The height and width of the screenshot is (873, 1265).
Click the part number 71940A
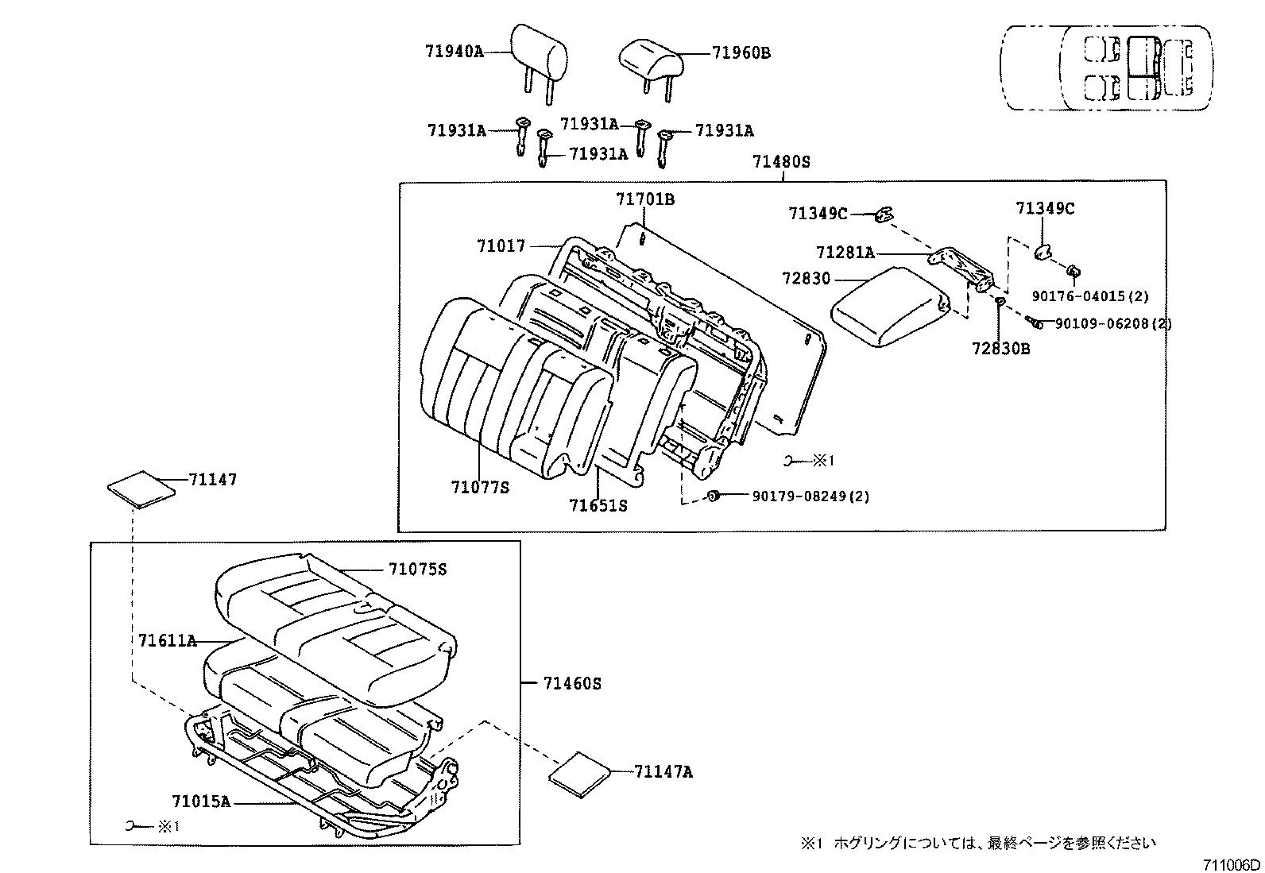tap(455, 52)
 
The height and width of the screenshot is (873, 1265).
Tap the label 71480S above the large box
tap(781, 162)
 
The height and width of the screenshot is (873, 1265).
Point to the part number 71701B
tap(645, 199)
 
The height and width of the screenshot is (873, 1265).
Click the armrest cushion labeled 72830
tap(890, 306)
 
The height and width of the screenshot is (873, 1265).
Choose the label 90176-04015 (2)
tap(1090, 296)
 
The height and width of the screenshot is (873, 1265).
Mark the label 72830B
tap(1000, 349)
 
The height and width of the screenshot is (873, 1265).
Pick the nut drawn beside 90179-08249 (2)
tap(714, 496)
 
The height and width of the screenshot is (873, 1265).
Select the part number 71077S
tap(480, 487)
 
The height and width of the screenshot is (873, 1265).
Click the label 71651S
tap(598, 505)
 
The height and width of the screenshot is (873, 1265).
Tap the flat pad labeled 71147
tap(141, 489)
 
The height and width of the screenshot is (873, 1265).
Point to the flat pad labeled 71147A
tap(579, 774)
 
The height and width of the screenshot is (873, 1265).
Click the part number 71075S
tap(417, 570)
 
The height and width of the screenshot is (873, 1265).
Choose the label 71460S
tap(572, 684)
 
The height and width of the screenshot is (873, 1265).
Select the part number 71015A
tap(201, 802)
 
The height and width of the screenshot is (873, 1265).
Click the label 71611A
tap(167, 641)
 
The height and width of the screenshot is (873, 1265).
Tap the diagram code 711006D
tap(1231, 864)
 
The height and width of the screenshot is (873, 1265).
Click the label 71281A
tap(845, 253)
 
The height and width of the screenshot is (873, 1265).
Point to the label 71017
tap(501, 246)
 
